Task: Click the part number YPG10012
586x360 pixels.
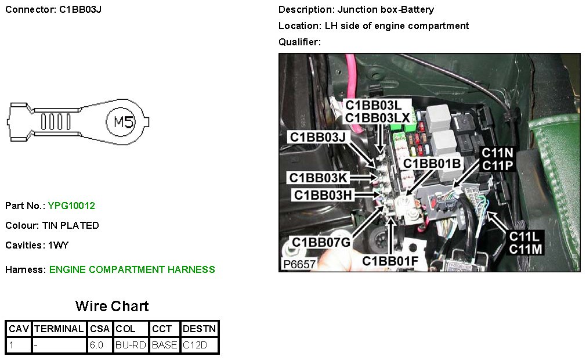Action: pyautogui.click(x=71, y=206)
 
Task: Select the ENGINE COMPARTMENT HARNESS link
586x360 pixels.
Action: pyautogui.click(x=132, y=269)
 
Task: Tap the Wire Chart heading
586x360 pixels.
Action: pyautogui.click(x=112, y=307)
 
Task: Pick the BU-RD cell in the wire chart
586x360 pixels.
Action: pyautogui.click(x=131, y=345)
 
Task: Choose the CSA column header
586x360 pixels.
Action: pyautogui.click(x=99, y=329)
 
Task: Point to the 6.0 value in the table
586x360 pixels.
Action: pyautogui.click(x=96, y=345)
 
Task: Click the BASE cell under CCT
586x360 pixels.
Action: pyautogui.click(x=164, y=345)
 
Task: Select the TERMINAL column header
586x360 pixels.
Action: pyautogui.click(x=59, y=329)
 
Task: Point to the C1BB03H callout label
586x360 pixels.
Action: pyautogui.click(x=323, y=195)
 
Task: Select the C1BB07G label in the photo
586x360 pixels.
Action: pyautogui.click(x=321, y=242)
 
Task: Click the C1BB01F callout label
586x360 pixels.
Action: pyautogui.click(x=390, y=261)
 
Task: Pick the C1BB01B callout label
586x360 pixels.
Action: pyautogui.click(x=432, y=164)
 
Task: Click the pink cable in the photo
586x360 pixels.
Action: pyautogui.click(x=352, y=75)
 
